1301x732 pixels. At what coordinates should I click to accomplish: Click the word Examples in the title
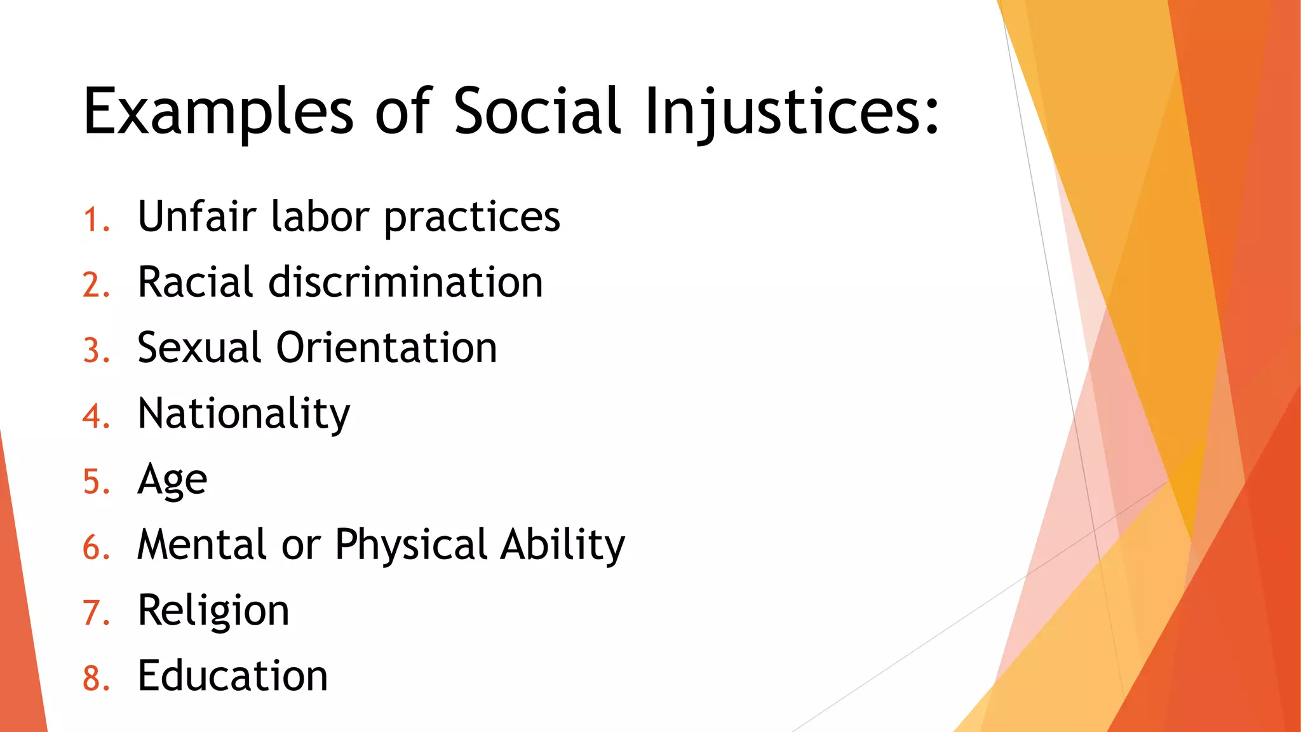[x=218, y=113]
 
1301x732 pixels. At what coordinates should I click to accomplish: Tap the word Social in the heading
[x=537, y=112]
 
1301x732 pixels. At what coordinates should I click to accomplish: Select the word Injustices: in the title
[x=791, y=113]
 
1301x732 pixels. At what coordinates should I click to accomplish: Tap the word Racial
[x=196, y=282]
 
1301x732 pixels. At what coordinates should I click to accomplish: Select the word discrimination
[x=405, y=282]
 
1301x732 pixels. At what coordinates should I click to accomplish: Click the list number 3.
[x=96, y=351]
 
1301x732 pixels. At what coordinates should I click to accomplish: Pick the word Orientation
[x=386, y=348]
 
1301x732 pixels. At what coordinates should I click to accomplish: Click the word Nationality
[x=243, y=414]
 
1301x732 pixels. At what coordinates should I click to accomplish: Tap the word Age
[x=172, y=480]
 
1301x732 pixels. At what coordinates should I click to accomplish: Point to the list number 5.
[x=96, y=482]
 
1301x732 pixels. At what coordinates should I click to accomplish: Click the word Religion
[x=213, y=611]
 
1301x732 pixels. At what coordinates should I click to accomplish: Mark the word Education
[x=233, y=675]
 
